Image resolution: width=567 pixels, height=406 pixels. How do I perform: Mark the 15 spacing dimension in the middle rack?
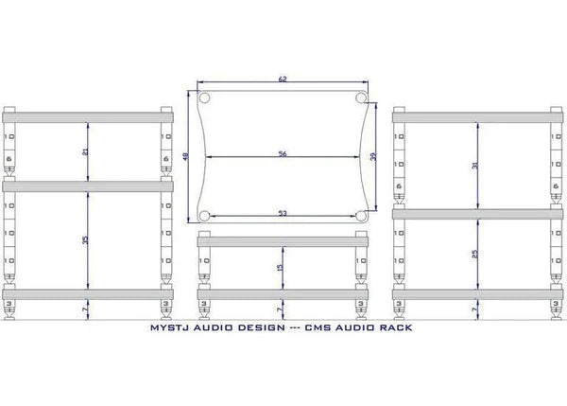[279, 268]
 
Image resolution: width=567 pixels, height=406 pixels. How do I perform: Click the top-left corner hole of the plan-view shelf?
[204, 98]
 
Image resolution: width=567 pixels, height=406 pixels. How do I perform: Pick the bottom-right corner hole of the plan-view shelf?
[362, 217]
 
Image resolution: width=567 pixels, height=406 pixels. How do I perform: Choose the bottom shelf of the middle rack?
[283, 291]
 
